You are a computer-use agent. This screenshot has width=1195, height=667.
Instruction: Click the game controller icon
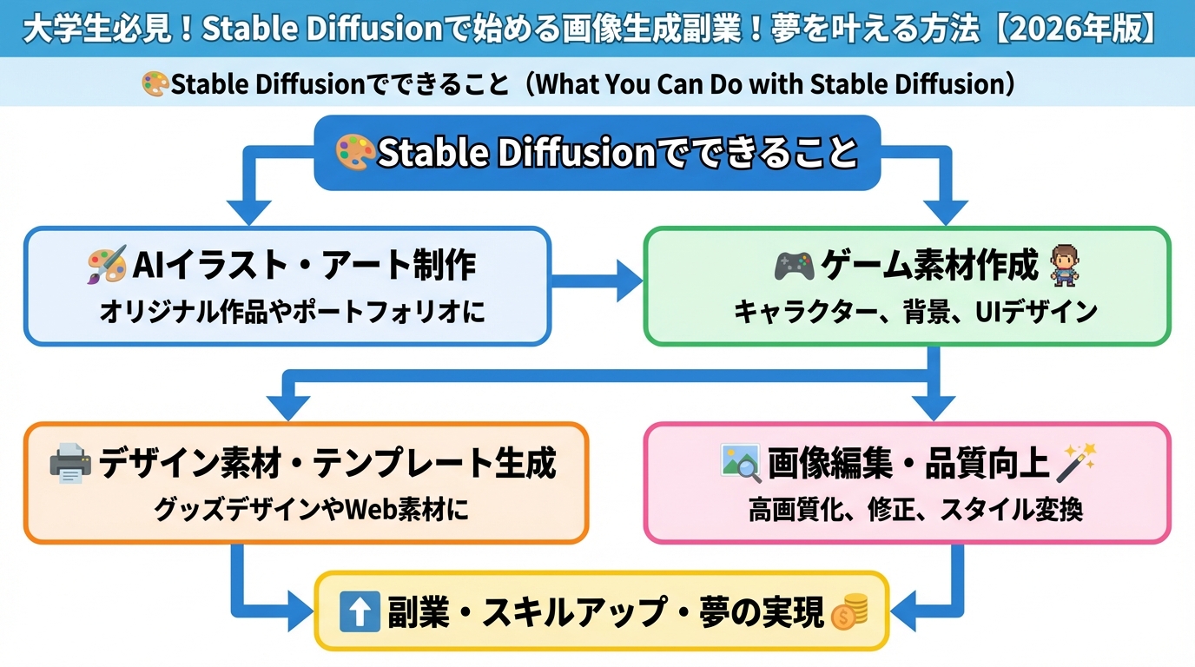point(794,266)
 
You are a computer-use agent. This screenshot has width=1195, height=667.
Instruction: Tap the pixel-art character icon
point(1064,265)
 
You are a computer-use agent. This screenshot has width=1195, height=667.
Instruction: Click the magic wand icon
point(1077,462)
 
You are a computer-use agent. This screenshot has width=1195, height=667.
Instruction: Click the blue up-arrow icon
point(360,612)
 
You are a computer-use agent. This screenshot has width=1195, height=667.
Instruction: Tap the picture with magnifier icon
point(741,463)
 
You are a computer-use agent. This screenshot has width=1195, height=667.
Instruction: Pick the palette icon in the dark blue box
point(354,153)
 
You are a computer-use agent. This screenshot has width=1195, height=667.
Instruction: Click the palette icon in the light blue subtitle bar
point(155,84)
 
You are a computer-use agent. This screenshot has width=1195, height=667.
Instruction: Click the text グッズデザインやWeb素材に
point(312,510)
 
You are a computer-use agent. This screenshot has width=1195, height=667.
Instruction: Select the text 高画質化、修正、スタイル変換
point(915,510)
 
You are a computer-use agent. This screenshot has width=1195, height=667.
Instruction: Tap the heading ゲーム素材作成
point(929,266)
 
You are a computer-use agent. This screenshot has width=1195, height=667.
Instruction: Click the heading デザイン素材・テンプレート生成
point(327,464)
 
